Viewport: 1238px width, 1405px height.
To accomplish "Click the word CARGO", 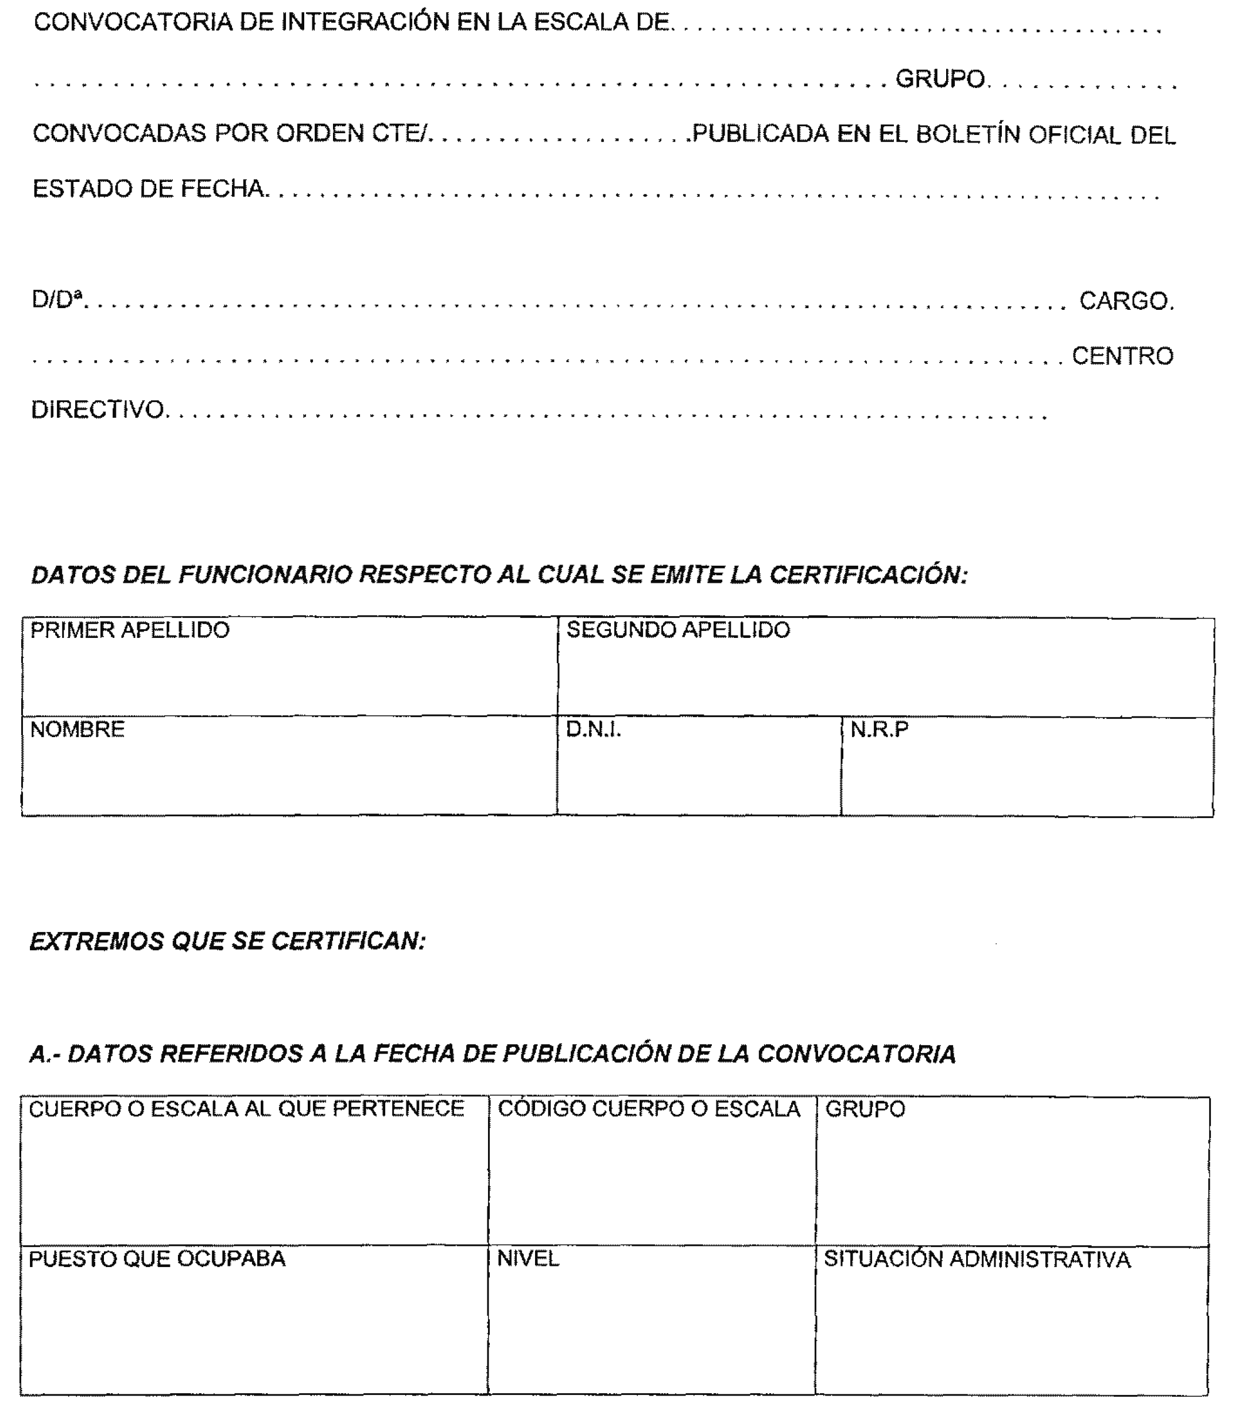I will click(1125, 301).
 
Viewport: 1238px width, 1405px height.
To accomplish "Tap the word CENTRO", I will click(1122, 356).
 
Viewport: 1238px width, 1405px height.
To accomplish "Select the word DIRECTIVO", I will click(97, 410).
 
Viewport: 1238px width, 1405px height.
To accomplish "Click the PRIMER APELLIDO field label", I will click(130, 630).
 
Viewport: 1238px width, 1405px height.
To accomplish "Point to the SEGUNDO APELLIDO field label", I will click(678, 630).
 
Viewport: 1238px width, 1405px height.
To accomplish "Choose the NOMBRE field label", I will click(78, 729).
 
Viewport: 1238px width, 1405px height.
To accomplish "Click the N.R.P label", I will click(879, 730).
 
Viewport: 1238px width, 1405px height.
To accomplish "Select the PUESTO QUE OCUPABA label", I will click(157, 1259).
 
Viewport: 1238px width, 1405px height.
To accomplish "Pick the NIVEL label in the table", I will click(528, 1259).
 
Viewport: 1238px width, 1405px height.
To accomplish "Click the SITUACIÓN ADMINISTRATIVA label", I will click(977, 1260).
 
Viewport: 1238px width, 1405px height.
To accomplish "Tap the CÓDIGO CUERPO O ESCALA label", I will click(648, 1109).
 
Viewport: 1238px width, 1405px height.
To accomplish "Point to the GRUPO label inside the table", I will click(865, 1109).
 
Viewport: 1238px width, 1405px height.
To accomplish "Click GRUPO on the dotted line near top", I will click(941, 80).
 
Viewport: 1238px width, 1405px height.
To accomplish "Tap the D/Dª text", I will click(57, 300).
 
